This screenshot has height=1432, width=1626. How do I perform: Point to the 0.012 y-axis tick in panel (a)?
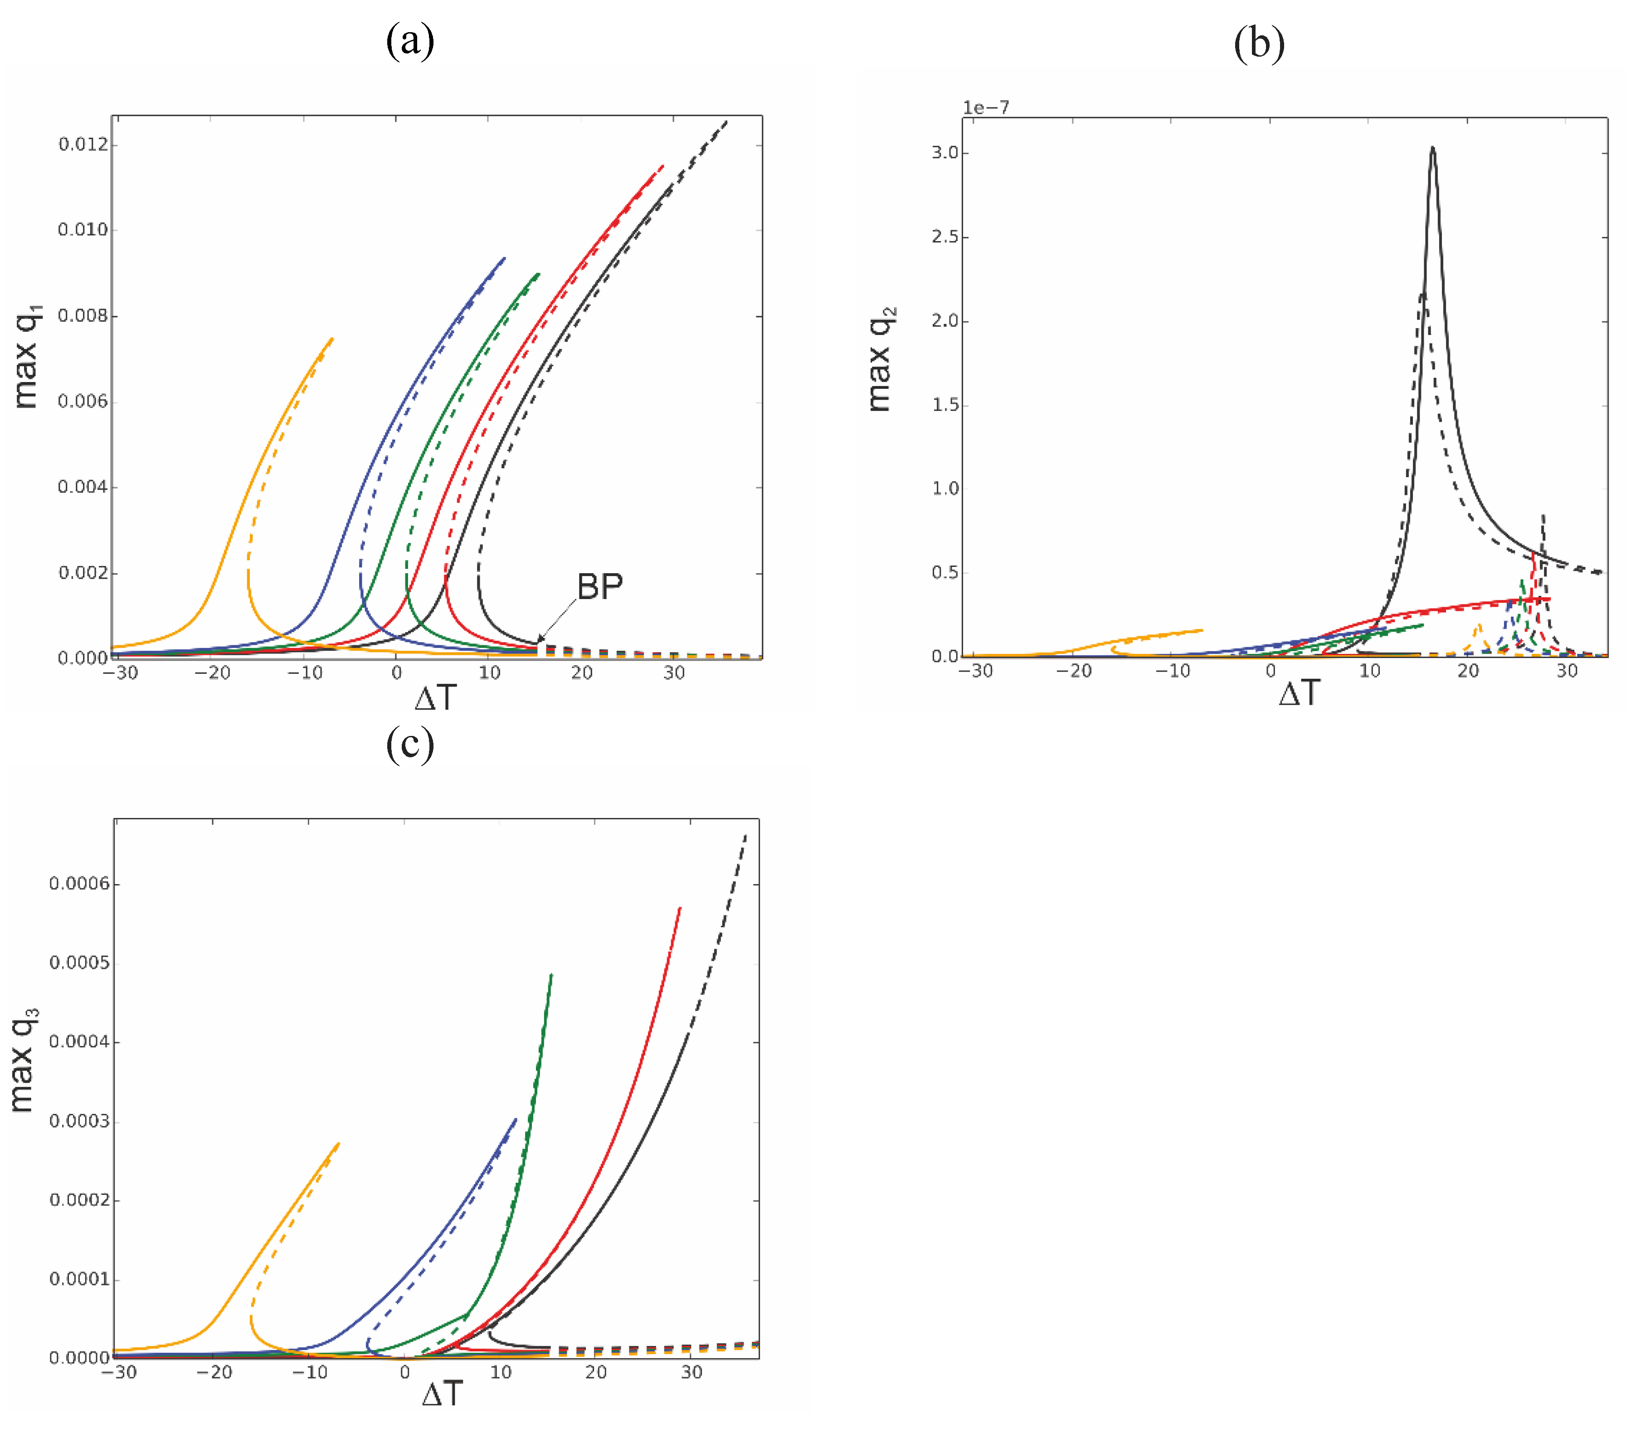tap(83, 145)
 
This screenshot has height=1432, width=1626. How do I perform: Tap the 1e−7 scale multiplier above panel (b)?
tap(986, 107)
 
